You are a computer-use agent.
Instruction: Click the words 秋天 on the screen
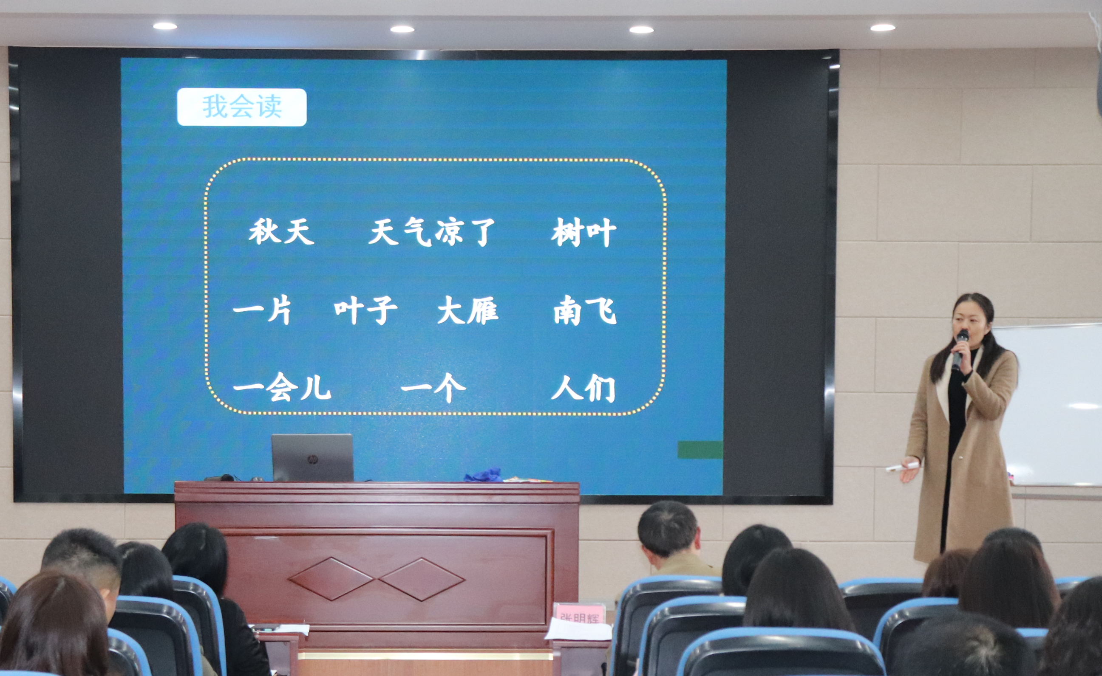coord(281,232)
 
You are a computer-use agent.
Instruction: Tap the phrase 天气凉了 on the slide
coord(432,232)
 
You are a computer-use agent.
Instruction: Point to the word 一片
coord(262,310)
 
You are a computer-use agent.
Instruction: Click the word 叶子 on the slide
coord(365,310)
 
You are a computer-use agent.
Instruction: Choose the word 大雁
coord(467,310)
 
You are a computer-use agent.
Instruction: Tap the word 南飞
coord(585,310)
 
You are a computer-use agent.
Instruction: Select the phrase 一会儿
coord(282,387)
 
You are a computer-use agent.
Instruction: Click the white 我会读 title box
coord(242,107)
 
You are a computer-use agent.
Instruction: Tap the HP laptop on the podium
coord(312,457)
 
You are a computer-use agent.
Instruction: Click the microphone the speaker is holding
coord(959,349)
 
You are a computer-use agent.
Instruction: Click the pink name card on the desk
coord(579,614)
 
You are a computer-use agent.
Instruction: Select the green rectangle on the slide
coord(700,450)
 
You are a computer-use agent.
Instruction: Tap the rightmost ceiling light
coord(882,28)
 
